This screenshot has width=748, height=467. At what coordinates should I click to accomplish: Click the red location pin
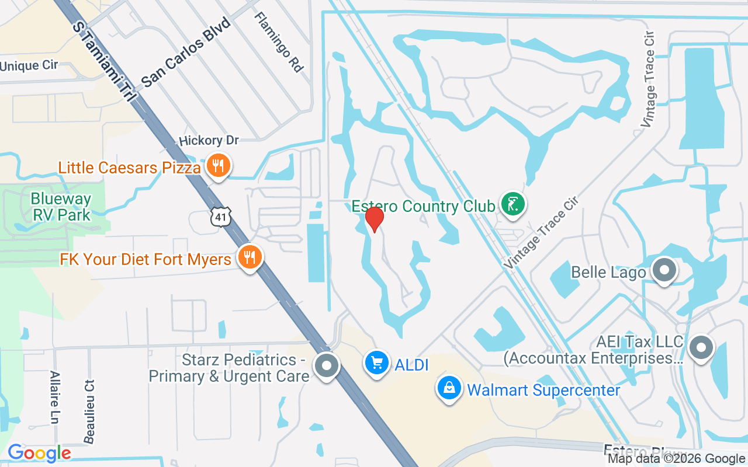click(x=374, y=219)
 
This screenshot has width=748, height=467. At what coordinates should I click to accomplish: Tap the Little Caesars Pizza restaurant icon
click(x=218, y=166)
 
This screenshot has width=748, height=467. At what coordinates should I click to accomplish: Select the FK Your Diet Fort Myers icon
click(x=250, y=257)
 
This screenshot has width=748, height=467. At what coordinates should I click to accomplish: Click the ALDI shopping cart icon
click(x=376, y=363)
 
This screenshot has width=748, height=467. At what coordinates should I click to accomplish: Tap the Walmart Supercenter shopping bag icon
click(x=449, y=388)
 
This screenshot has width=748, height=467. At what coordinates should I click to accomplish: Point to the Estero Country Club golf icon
click(x=512, y=204)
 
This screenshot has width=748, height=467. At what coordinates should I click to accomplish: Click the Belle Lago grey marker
click(x=664, y=270)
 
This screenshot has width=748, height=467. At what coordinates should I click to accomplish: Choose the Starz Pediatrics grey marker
click(x=327, y=366)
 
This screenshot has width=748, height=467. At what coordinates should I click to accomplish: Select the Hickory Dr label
click(x=209, y=141)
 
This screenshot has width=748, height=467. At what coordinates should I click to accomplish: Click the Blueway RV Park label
click(x=61, y=207)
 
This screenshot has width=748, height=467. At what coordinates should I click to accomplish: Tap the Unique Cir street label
click(x=29, y=65)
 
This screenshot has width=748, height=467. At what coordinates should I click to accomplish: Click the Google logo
click(x=39, y=453)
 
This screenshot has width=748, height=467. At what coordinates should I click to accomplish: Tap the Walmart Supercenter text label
click(x=543, y=390)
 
